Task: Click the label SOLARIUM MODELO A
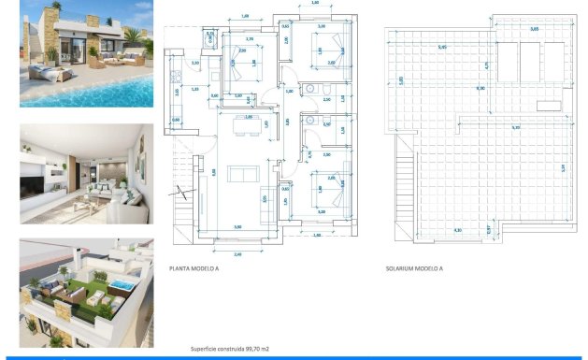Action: point(414,268)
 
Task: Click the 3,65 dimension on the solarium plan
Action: point(535,30)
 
